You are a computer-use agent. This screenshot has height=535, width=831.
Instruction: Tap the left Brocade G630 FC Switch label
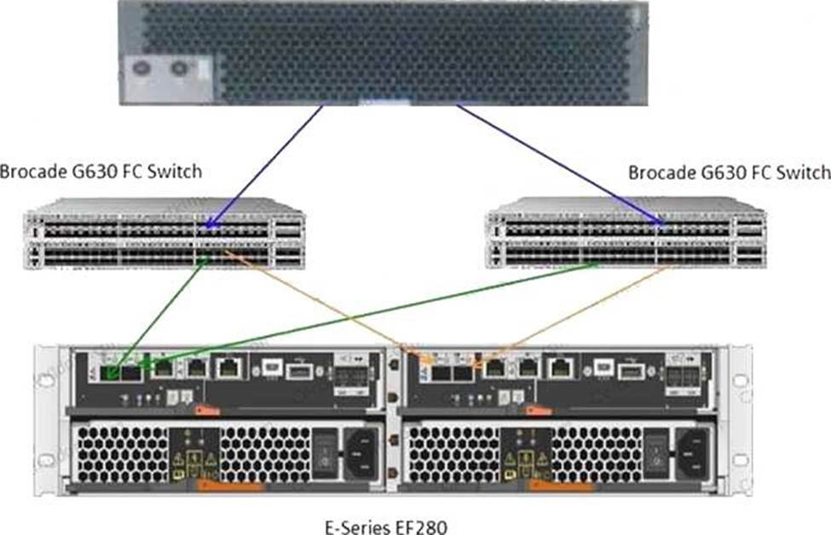(101, 172)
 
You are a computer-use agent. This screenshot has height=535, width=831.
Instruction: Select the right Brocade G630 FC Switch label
(729, 172)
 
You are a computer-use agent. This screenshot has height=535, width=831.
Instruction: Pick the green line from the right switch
(375, 314)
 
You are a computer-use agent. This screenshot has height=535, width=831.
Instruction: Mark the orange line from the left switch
(324, 303)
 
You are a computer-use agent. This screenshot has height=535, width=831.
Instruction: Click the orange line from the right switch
(580, 312)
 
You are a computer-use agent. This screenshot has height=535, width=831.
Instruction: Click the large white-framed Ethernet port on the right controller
(560, 368)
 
